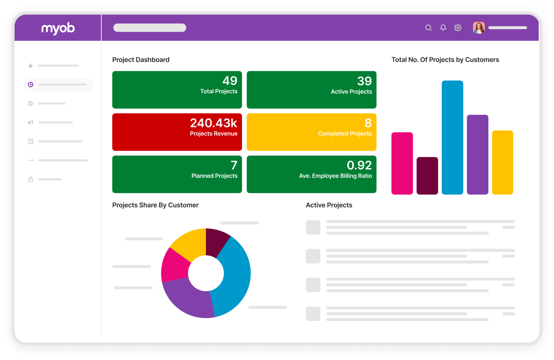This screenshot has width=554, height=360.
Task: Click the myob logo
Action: tap(58, 28)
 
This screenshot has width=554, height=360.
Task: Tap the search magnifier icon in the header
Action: tap(428, 28)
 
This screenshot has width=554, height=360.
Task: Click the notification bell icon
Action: tap(443, 28)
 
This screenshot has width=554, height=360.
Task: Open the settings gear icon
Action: tap(458, 28)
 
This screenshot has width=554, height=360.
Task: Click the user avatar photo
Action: tap(479, 28)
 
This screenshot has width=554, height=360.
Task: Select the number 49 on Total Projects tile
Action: tap(230, 81)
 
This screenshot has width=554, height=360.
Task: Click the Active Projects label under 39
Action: tap(351, 92)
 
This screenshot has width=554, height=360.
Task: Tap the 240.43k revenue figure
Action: tap(214, 123)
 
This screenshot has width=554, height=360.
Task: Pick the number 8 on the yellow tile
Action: tap(368, 123)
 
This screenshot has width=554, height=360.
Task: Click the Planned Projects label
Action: tap(214, 176)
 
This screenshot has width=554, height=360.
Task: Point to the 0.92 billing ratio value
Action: tap(359, 165)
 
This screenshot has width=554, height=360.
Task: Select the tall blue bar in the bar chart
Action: tap(452, 138)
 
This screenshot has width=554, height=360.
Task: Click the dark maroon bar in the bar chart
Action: tap(427, 176)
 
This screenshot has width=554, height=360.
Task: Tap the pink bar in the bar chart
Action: tap(402, 163)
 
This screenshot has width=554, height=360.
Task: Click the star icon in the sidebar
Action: tap(31, 66)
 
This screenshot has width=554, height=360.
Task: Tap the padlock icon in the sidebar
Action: tap(31, 179)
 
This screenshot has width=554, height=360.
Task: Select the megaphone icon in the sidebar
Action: tap(31, 122)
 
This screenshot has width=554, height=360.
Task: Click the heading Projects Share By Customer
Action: tap(155, 205)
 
